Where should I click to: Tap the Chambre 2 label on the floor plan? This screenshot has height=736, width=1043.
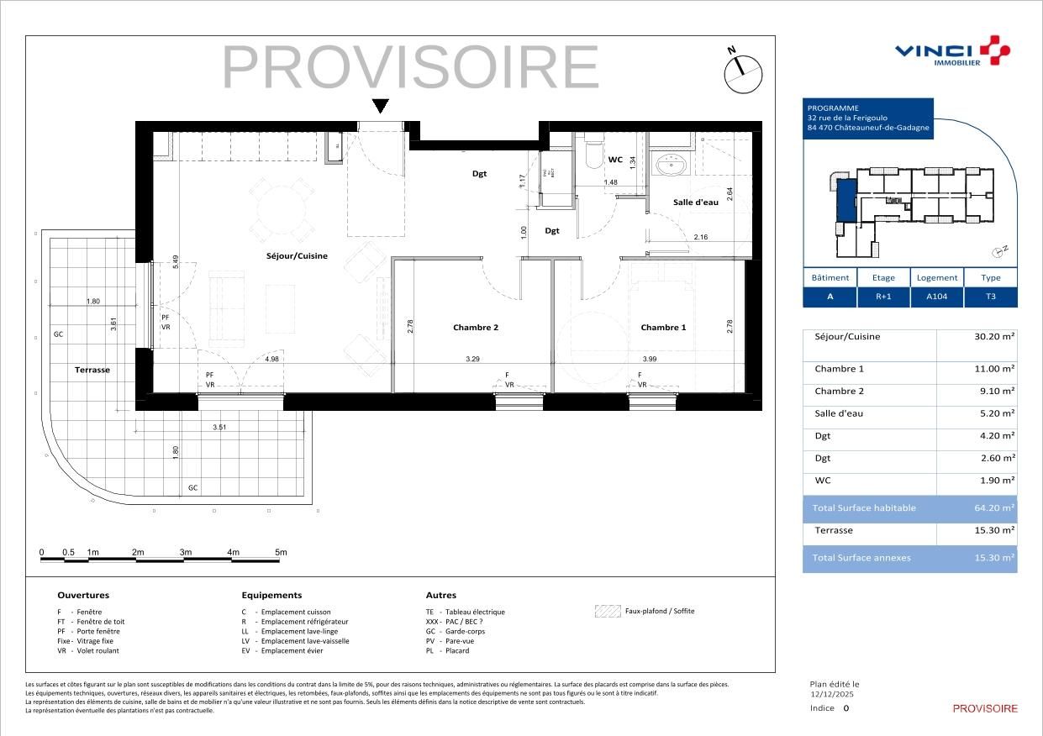click(476, 328)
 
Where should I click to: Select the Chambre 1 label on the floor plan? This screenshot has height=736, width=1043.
click(663, 328)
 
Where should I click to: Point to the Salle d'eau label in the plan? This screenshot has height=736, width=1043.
click(695, 202)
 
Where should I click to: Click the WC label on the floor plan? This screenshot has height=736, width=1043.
click(615, 160)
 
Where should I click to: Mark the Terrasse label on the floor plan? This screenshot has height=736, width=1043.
click(92, 370)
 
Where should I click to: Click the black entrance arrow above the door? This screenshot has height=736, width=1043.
click(380, 107)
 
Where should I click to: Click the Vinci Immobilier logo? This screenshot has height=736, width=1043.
click(951, 51)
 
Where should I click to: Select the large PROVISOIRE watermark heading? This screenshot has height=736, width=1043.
click(410, 67)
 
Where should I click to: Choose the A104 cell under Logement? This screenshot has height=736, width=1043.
click(936, 297)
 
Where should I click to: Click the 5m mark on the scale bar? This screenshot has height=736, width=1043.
click(281, 552)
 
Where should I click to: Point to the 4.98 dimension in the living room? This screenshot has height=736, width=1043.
click(271, 359)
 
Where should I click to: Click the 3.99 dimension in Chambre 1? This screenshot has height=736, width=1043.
click(649, 359)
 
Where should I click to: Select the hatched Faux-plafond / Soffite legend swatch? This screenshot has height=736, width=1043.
click(606, 612)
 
